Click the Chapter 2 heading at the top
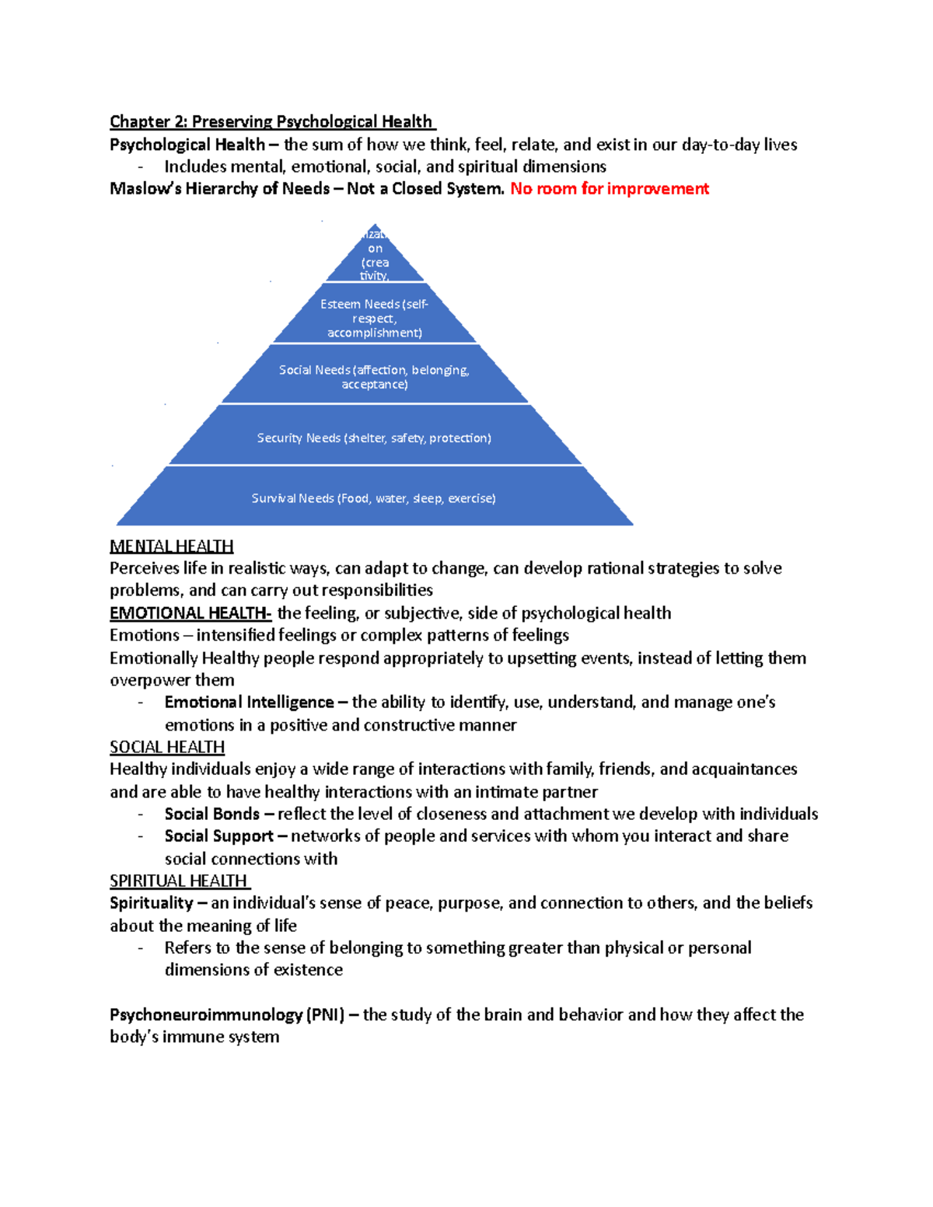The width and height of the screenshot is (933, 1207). coord(272,122)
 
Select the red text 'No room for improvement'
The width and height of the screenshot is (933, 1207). coord(609,189)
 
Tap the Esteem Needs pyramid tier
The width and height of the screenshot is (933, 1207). coord(375,318)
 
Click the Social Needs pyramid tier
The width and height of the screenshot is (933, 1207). coord(375,377)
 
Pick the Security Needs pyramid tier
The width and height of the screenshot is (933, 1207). coord(375,438)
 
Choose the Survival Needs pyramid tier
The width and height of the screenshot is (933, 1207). coord(374,498)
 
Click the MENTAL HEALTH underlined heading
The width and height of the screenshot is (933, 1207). coord(171,546)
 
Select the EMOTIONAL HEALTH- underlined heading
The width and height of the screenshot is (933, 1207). coord(190,613)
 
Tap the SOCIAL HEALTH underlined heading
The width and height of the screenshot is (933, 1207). coord(167,747)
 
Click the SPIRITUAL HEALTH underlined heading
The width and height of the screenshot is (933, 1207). coord(180,881)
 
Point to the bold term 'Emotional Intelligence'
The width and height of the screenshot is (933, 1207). coord(249,703)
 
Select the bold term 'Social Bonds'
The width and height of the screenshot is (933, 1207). coord(211,814)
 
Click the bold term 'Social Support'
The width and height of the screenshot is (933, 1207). coord(218,836)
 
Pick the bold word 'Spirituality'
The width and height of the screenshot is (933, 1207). coord(151,903)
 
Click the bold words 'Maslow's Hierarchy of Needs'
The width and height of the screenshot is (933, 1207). coord(219,189)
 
